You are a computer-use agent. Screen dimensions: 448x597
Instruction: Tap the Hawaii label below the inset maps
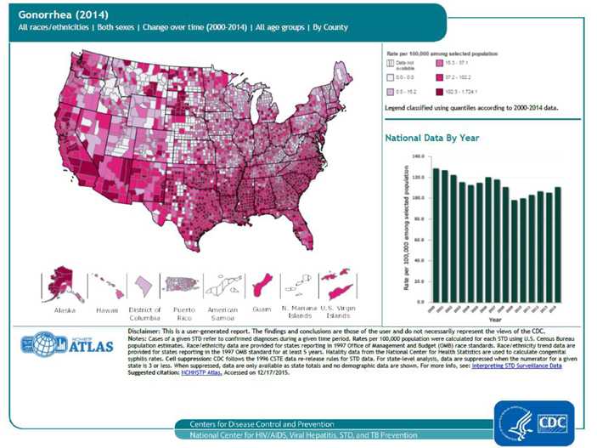pos(106,311)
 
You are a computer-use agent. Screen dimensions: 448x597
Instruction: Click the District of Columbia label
pos(144,315)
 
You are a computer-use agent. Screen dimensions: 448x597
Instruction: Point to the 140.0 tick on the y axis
pos(417,156)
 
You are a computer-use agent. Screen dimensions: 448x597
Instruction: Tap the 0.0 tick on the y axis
pos(420,302)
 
